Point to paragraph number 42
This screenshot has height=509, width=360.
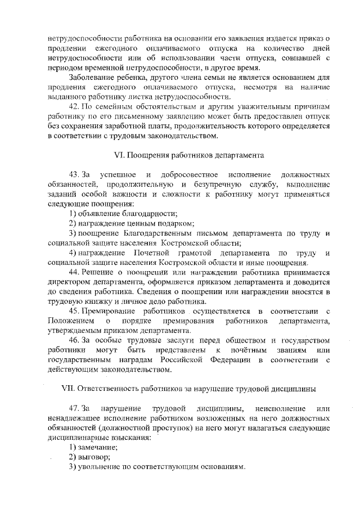(x=74, y=106)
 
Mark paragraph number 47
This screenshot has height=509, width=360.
(x=74, y=408)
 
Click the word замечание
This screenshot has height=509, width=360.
(x=97, y=447)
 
